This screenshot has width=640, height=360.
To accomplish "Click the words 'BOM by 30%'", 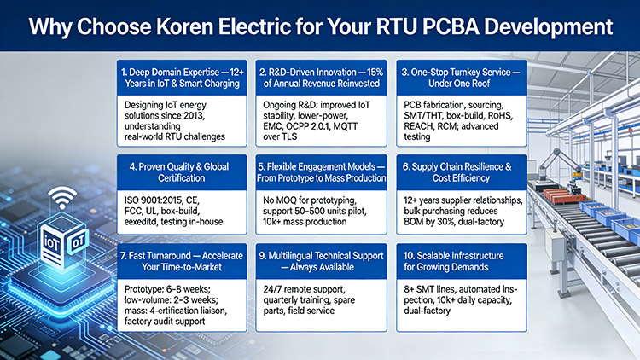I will (x=445, y=222).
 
